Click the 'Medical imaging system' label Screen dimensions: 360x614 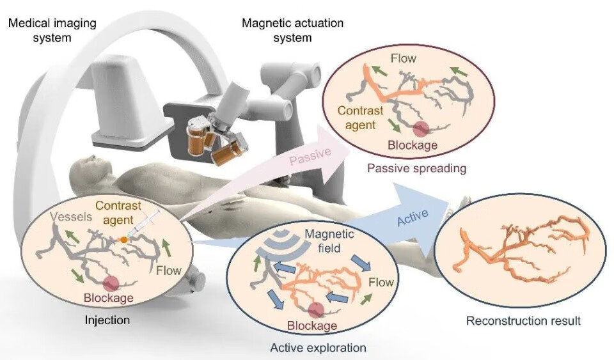point(52,30)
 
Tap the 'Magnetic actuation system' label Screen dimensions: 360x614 point(292,30)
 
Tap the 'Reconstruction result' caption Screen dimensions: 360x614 point(523,320)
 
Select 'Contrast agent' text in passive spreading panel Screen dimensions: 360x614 point(361,116)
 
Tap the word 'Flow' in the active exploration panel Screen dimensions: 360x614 point(381,281)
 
